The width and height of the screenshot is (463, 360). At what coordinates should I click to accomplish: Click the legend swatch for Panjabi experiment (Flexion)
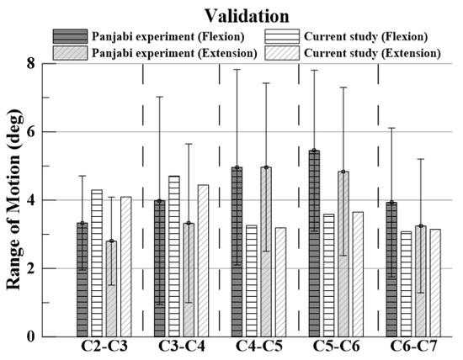(74, 36)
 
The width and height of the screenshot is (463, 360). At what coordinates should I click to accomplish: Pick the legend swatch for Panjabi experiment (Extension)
(74, 53)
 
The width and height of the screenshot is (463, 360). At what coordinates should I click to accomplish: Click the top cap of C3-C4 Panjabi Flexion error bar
(160, 97)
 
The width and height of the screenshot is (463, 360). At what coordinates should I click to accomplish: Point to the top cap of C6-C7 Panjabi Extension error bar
(421, 159)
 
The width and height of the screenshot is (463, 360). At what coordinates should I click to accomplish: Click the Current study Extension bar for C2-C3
(126, 267)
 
